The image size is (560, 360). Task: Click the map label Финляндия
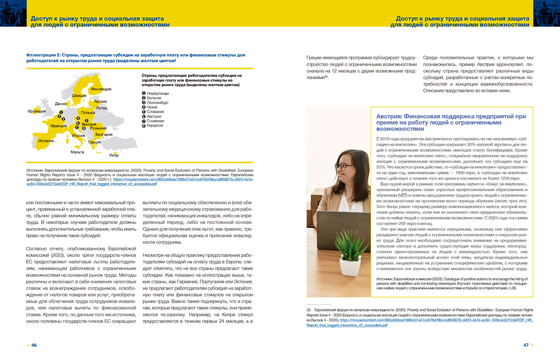point(101,89)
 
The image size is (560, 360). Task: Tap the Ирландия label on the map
point(37,111)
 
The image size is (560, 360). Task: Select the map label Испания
point(46,140)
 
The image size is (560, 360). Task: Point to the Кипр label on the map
point(114,155)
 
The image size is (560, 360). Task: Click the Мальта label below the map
point(77,152)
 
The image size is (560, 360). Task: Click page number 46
point(34,345)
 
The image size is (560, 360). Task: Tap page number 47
point(526,345)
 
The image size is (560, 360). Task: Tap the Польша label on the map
point(88,112)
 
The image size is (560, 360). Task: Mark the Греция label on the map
point(95,142)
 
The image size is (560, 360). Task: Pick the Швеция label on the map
point(79,96)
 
